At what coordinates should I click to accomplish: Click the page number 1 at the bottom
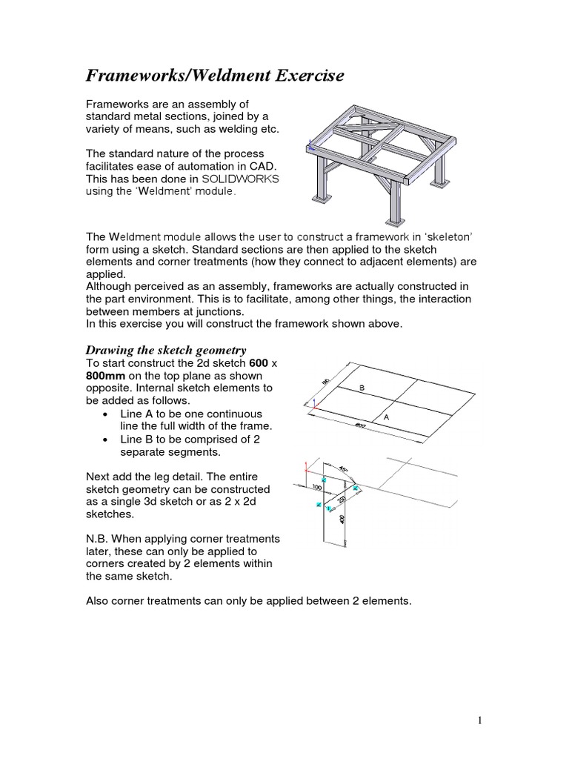point(481,719)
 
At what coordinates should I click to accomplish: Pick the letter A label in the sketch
point(386,418)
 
